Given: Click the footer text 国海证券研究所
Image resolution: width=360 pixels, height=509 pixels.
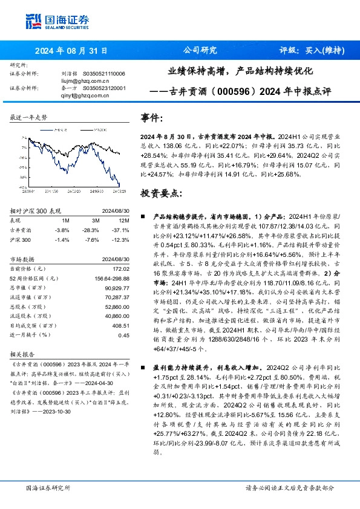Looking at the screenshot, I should (48, 487).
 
